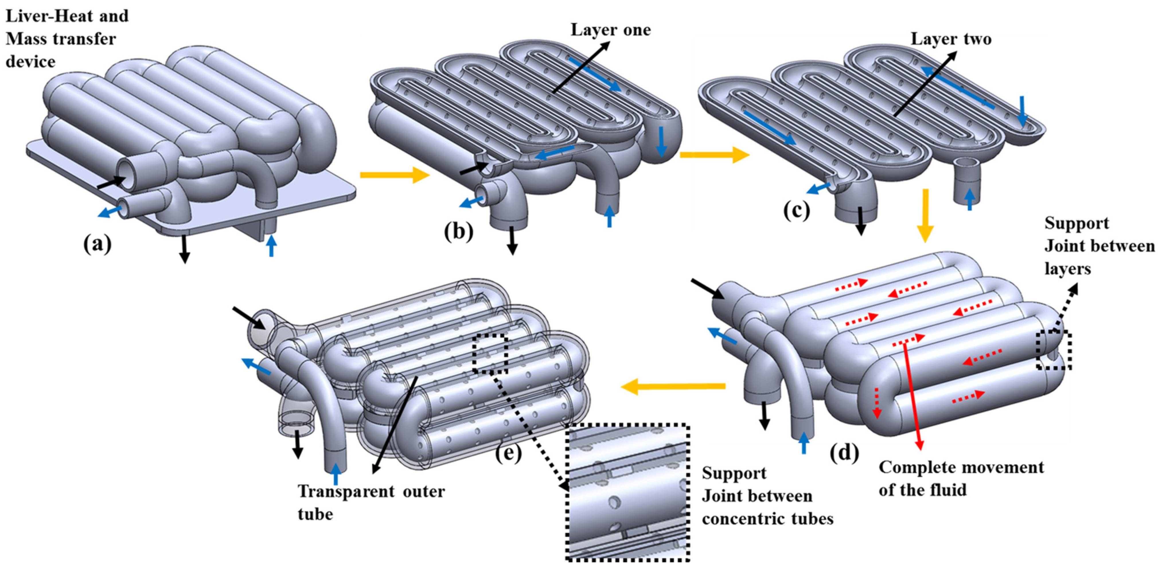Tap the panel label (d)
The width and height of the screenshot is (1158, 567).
point(844,453)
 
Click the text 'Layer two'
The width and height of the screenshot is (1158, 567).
point(951,39)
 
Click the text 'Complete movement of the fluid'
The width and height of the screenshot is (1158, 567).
point(961,478)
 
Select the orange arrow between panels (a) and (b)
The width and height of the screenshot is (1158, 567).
point(395,175)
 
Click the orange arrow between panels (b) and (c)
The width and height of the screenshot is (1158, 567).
point(714,155)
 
